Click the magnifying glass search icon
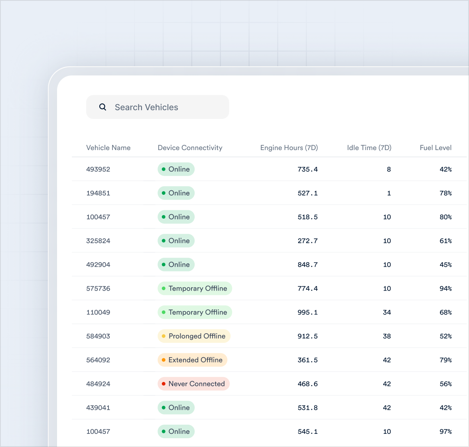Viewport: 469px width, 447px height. [102, 107]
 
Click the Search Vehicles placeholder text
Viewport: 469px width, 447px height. [146, 107]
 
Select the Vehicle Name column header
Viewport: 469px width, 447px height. [108, 148]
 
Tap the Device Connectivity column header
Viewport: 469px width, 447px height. [190, 148]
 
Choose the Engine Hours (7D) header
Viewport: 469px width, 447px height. [289, 148]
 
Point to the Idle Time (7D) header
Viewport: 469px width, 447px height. [369, 148]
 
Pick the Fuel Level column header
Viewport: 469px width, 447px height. [436, 148]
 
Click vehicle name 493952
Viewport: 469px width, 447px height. [98, 169]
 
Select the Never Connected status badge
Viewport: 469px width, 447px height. [193, 384]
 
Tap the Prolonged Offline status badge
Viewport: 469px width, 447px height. [194, 336]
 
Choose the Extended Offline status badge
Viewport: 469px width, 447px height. [192, 360]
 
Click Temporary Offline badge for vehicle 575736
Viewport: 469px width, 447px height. [195, 288]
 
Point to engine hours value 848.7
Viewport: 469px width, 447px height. [307, 265]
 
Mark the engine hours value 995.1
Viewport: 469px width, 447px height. [307, 312]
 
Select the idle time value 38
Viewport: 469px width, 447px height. [387, 336]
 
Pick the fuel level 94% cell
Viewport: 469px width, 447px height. [445, 288]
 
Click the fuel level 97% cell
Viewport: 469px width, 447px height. [445, 431]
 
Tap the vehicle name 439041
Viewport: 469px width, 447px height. [98, 407]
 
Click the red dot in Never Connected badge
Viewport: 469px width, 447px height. [164, 384]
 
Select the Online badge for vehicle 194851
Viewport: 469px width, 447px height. [176, 193]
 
